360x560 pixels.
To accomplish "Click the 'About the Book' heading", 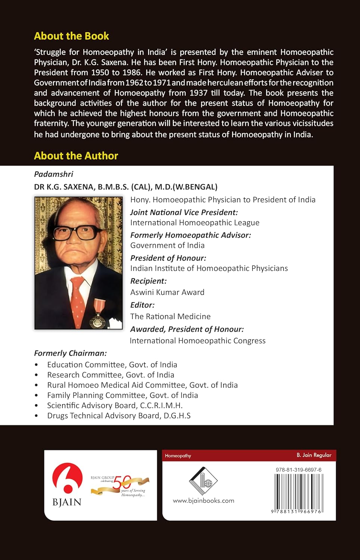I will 71,36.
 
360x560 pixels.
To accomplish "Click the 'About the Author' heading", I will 76,156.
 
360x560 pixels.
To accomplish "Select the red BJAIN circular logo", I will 67,478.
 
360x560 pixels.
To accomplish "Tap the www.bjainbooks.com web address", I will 204,501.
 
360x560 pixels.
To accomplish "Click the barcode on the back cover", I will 299,491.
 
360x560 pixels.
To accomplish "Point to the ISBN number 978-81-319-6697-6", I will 299,470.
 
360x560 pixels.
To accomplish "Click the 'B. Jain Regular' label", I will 314,455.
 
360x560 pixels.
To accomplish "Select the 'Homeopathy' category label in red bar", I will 178,456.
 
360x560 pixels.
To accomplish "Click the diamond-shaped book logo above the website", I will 203,481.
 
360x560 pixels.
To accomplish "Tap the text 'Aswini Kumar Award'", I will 167,292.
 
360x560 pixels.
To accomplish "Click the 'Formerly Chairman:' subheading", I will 70,353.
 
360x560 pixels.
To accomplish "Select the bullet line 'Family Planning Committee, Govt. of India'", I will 122,395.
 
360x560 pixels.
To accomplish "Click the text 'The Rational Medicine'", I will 170,317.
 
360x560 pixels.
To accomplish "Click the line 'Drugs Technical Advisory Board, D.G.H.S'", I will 119,416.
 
